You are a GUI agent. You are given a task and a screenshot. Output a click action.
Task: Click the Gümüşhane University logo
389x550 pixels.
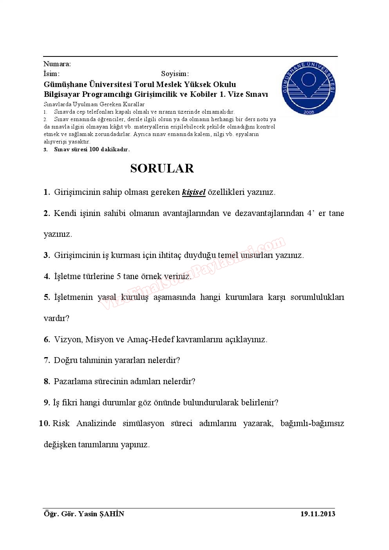tap(309, 89)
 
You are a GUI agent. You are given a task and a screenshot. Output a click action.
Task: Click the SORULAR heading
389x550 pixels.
tap(162, 168)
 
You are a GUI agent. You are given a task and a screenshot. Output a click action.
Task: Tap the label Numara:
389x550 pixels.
tap(57, 64)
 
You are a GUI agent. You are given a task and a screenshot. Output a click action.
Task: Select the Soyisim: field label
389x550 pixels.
tap(175, 74)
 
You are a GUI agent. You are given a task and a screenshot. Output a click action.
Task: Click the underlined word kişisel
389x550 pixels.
tap(194, 192)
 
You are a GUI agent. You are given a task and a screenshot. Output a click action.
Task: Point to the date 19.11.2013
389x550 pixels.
tap(318, 514)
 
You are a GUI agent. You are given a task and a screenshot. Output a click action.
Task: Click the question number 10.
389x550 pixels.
tap(44, 423)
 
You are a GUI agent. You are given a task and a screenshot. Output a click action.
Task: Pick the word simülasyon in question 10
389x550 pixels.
tap(143, 423)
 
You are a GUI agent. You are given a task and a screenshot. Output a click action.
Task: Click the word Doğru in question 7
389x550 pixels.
tap(65, 360)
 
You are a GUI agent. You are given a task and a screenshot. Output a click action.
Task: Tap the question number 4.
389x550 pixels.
tap(47, 276)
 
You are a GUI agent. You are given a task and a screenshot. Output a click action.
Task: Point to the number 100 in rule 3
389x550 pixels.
tap(94, 149)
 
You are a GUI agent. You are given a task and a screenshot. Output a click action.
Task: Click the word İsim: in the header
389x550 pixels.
tap(51, 74)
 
